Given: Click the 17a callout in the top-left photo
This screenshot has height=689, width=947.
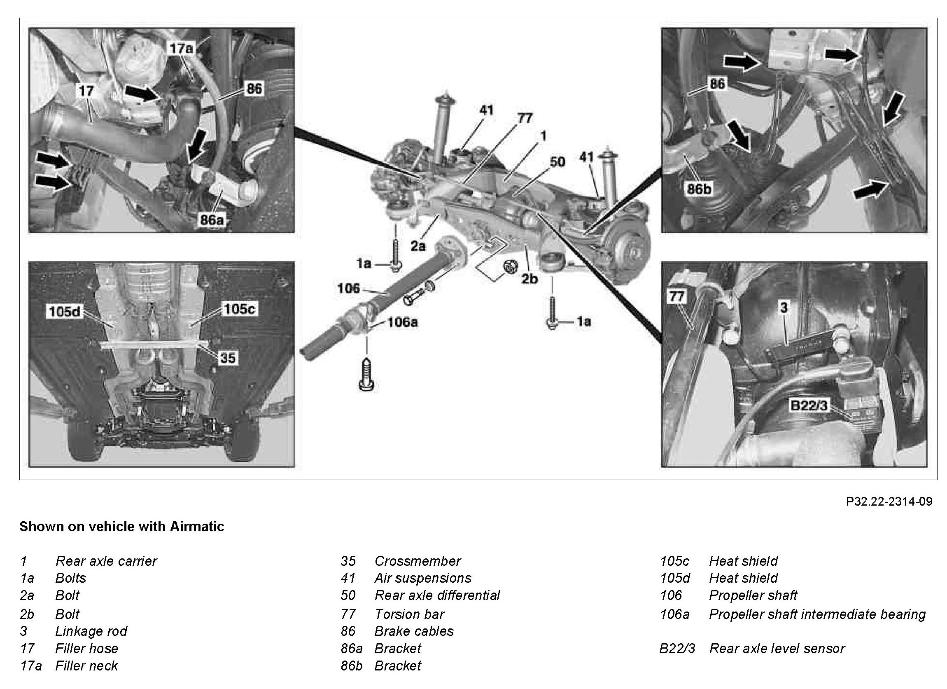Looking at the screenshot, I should (182, 49).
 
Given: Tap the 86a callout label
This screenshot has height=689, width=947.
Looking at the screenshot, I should (212, 219).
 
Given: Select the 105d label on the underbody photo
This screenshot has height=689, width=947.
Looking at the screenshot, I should (65, 312).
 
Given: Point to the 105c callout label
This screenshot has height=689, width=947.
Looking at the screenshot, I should (240, 309).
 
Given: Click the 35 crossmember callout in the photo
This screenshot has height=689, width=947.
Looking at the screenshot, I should (228, 358).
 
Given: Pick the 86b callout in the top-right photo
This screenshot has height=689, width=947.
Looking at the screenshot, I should (699, 189).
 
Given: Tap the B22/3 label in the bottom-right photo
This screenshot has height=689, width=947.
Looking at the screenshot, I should (809, 406).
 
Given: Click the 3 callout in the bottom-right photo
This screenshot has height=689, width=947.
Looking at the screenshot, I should (784, 307).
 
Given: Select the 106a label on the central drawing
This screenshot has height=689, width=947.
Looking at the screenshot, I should (402, 322).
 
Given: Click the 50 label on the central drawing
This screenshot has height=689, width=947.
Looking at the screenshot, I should (557, 162).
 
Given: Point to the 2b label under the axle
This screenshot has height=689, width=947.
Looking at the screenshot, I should (529, 279).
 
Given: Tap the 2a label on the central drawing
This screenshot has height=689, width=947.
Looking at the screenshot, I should (418, 246).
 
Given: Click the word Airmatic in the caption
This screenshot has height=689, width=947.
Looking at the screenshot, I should (197, 527).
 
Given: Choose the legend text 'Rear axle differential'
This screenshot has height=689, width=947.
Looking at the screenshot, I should (437, 595).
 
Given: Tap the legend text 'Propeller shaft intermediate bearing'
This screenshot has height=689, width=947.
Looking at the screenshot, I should (817, 614).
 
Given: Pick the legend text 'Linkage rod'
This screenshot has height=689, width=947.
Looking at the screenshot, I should (91, 631).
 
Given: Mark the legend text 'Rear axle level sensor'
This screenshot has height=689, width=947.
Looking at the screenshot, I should (777, 648).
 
